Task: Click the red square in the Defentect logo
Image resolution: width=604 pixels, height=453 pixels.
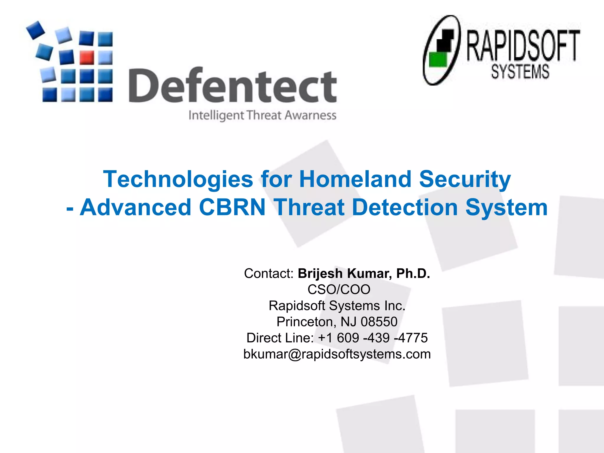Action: click(x=87, y=57)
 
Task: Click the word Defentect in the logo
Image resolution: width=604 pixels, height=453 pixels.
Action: click(x=233, y=85)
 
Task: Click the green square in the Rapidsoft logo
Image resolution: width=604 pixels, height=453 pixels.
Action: click(x=438, y=60)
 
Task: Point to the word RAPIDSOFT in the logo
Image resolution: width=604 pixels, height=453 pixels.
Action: click(x=523, y=46)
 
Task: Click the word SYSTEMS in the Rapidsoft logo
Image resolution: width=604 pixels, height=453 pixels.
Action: click(x=520, y=72)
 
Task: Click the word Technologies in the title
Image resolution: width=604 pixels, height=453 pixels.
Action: click(x=178, y=179)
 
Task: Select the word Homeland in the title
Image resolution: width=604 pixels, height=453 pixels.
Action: click(x=355, y=179)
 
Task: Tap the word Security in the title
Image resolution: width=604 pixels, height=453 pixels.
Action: click(x=465, y=179)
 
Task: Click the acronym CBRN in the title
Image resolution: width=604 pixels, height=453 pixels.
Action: click(x=232, y=207)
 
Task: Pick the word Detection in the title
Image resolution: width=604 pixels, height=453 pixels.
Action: click(x=405, y=207)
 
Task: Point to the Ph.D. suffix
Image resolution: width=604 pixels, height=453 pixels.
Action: click(x=413, y=273)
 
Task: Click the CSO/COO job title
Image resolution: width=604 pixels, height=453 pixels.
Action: click(x=339, y=289)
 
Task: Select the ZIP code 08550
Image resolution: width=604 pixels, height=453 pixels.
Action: click(x=379, y=321)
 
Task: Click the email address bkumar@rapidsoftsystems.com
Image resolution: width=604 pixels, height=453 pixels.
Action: click(x=337, y=354)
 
